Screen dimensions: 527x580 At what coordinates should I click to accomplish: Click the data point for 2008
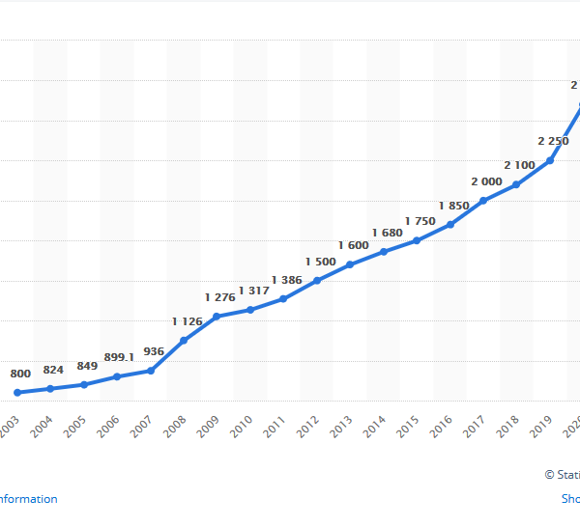[184, 340]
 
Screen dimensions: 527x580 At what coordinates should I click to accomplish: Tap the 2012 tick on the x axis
[308, 425]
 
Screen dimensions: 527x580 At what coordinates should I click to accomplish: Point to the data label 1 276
[221, 296]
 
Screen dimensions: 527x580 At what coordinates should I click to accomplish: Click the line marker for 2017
[483, 200]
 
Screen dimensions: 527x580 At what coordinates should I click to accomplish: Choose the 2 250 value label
[552, 140]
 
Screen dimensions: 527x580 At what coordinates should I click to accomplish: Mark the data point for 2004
[50, 389]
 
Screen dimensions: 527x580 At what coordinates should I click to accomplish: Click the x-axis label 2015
[409, 425]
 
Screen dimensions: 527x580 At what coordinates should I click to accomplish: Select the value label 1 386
[287, 280]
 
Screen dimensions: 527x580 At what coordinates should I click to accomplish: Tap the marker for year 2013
[350, 264]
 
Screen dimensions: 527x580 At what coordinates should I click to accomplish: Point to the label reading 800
[20, 373]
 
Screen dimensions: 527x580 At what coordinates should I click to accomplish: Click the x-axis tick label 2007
[141, 425]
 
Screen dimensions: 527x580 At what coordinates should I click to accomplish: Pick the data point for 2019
[550, 160]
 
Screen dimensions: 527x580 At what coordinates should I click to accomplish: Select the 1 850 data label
[453, 205]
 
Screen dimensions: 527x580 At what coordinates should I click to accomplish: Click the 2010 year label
[242, 425]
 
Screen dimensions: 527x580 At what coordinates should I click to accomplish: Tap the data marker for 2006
[117, 376]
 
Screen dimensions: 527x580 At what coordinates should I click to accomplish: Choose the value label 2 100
[519, 164]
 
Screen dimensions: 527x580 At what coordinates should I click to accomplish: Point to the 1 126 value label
[188, 320]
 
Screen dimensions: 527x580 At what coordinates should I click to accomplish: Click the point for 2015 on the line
[417, 240]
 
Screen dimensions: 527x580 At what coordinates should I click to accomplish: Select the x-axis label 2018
[509, 425]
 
